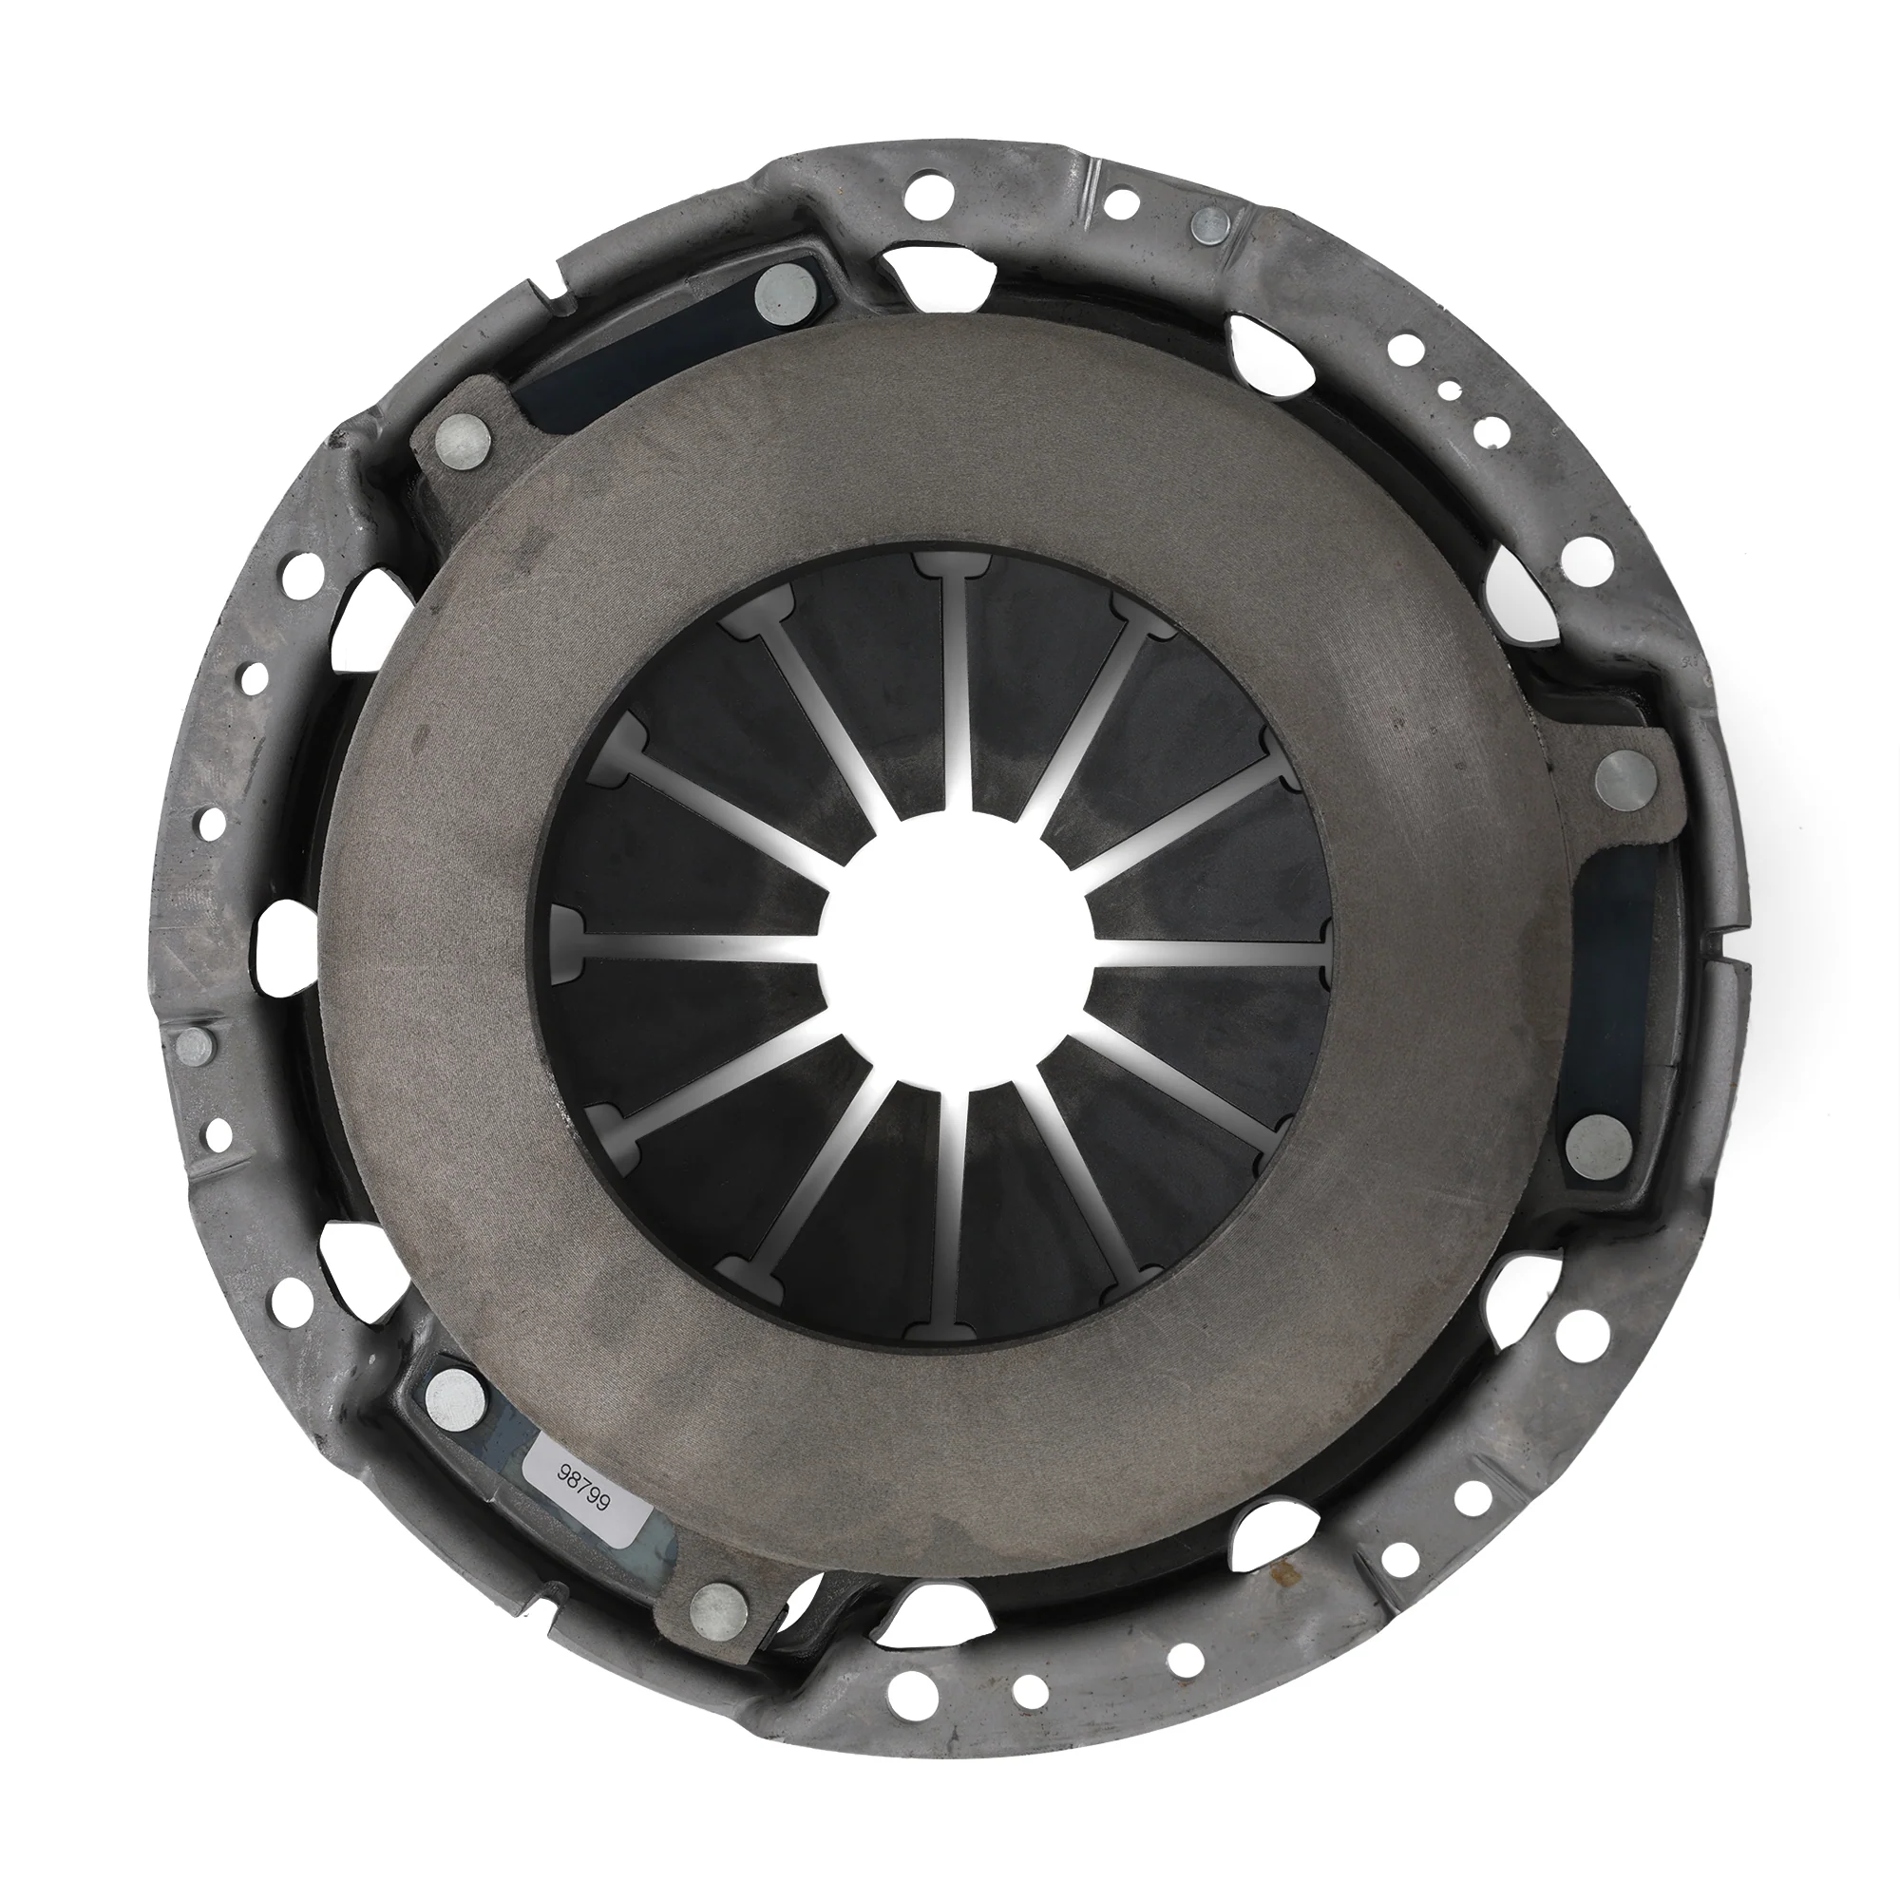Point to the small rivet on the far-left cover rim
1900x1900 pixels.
(197, 1045)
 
